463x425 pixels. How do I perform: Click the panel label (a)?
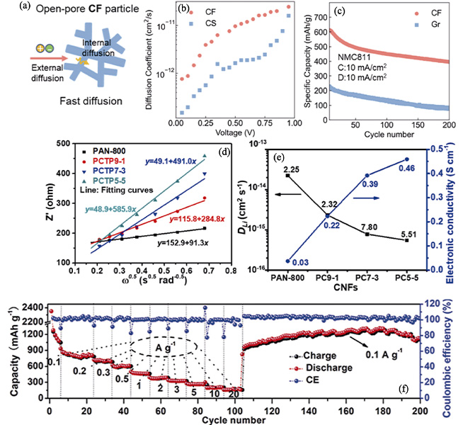click(10, 8)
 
